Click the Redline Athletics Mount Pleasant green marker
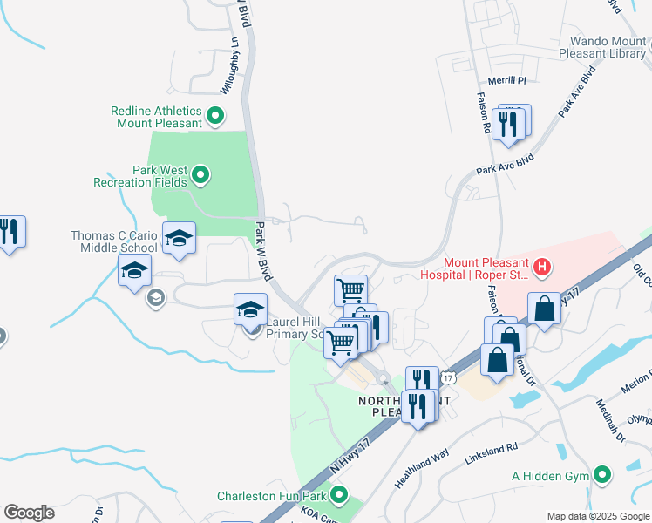(x=214, y=114)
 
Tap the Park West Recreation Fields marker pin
(x=200, y=175)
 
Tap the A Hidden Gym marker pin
(x=601, y=475)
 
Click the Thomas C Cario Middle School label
(x=114, y=242)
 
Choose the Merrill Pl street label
(x=510, y=80)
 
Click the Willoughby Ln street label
(x=228, y=66)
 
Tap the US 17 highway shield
(x=448, y=377)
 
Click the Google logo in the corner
(x=29, y=513)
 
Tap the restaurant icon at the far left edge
(x=9, y=232)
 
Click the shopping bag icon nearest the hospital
(x=544, y=309)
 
